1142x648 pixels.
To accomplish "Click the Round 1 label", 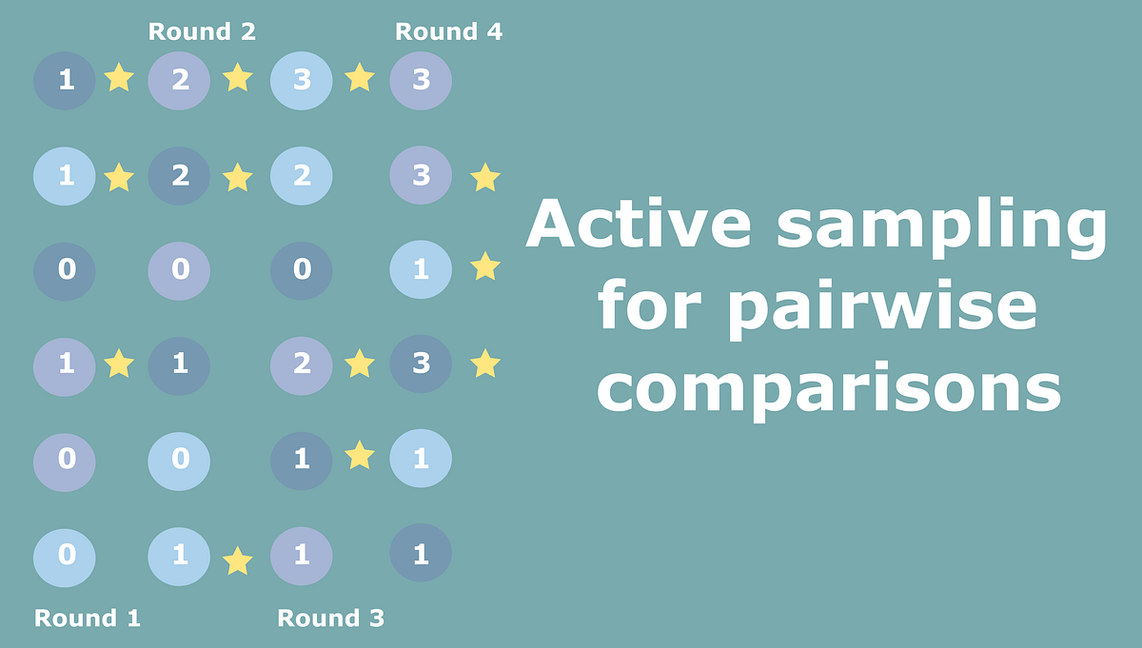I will tap(88, 619).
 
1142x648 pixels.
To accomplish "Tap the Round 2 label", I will tap(202, 31).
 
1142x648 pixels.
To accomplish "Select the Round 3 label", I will tap(330, 619).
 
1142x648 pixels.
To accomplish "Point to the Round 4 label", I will tap(448, 31).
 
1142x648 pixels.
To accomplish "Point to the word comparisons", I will tap(829, 388).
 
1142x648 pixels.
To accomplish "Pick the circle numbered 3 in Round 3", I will tap(302, 80).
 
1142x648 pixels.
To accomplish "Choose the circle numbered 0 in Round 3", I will tap(302, 269).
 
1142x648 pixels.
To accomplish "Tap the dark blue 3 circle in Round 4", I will tap(421, 363).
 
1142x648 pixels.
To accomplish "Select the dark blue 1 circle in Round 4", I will tap(421, 554).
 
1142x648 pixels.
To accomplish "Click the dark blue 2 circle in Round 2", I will tap(179, 175).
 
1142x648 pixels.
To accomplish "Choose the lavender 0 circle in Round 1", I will tap(65, 460).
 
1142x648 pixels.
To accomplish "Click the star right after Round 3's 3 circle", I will tap(359, 77).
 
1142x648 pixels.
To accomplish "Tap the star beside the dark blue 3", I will tap(485, 363).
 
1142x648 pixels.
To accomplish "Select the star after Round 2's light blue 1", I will tap(237, 560).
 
